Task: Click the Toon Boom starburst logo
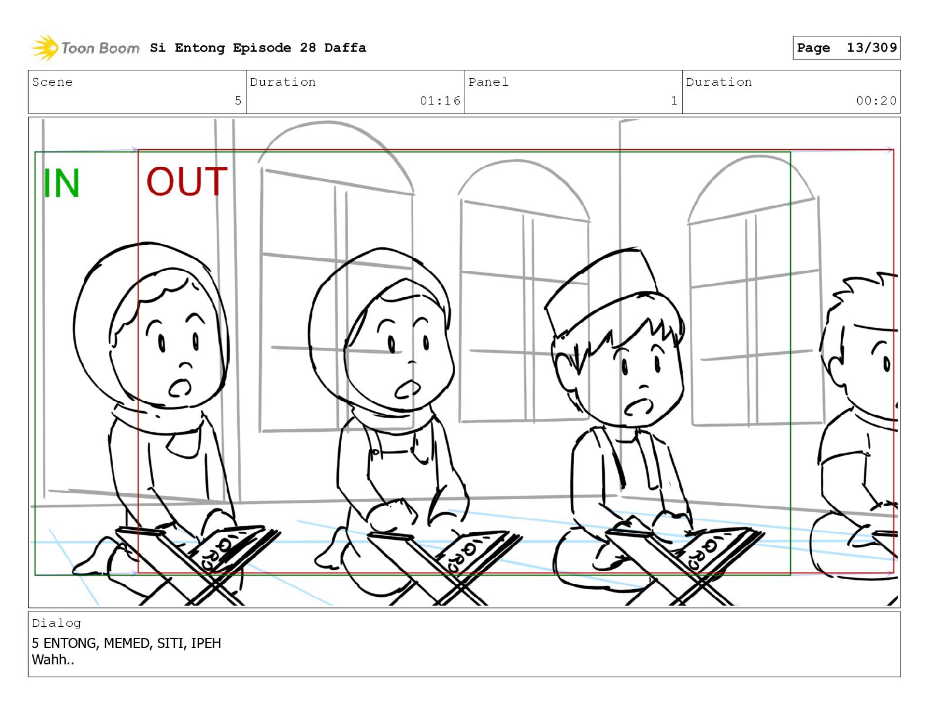45,48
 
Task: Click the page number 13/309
871,48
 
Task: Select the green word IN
61,183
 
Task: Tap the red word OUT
187,181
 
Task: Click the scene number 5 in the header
238,100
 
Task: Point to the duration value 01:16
440,100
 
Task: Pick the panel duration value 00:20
876,100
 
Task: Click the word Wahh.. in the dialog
53,660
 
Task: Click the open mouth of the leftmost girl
180,388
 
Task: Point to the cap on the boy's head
600,291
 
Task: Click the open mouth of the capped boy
638,407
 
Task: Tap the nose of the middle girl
412,361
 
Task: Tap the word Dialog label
56,623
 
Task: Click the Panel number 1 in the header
674,100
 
